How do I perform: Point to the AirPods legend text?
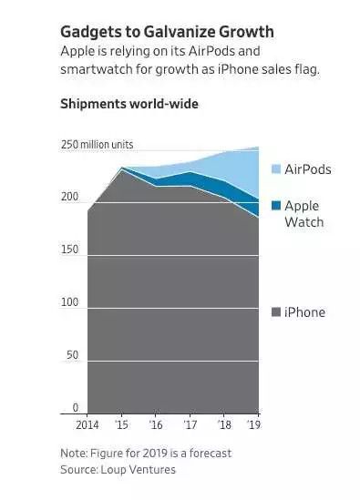click(308, 170)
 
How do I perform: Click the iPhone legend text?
click(304, 312)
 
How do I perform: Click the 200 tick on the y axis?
click(70, 197)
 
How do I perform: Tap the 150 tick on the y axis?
click(70, 250)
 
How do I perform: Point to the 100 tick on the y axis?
click(70, 302)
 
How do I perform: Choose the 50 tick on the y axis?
click(73, 355)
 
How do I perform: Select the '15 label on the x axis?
click(120, 425)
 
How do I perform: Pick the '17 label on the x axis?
click(189, 425)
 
